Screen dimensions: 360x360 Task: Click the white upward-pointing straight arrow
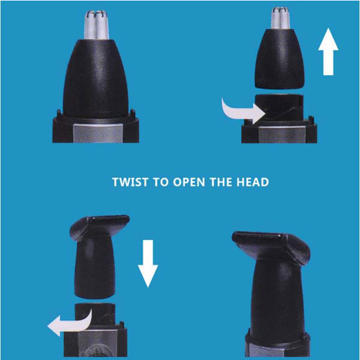click(328, 52)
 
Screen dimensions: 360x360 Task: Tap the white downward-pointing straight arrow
click(148, 263)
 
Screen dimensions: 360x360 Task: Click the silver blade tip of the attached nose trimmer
click(96, 25)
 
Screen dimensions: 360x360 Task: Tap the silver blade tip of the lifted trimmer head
click(280, 18)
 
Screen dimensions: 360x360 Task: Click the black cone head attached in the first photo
click(95, 79)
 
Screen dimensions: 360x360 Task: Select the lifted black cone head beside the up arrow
click(280, 59)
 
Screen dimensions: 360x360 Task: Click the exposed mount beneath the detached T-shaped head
click(95, 314)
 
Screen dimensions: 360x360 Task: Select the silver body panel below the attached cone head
click(98, 133)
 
